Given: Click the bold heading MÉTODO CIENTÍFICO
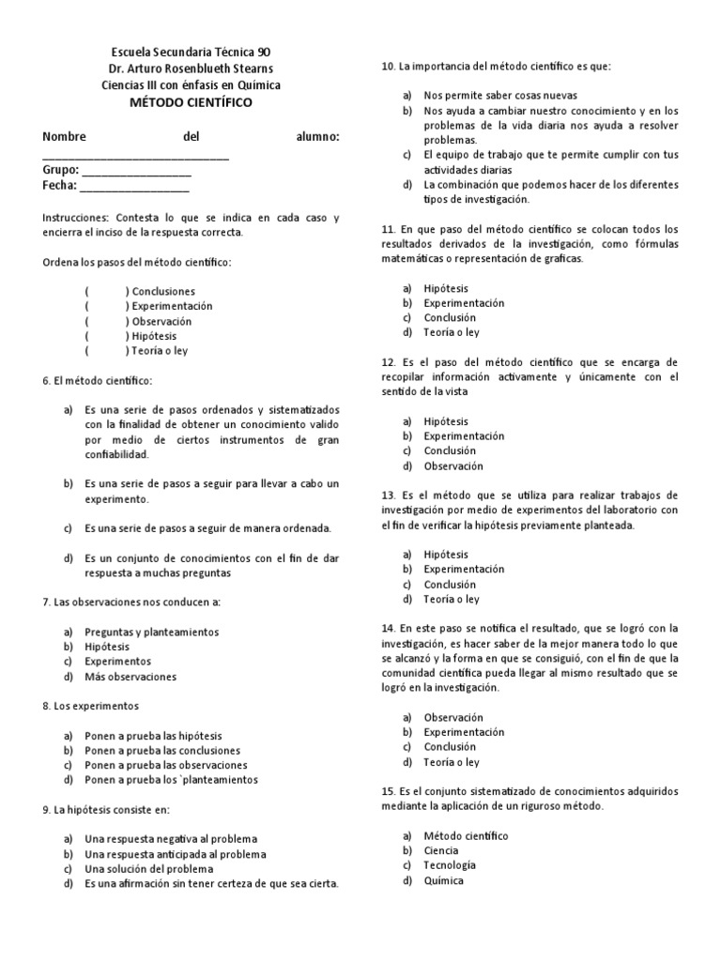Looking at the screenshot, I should [191, 101].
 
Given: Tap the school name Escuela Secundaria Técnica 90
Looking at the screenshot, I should [191, 52].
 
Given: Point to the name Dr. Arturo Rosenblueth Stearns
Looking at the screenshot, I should [191, 69].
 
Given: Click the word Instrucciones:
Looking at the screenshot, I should [76, 217].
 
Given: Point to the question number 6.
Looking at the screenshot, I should [46, 380].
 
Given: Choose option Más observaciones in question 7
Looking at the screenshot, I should [130, 677].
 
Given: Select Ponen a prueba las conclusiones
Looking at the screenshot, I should [161, 750].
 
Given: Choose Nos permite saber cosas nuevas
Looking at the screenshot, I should [499, 96].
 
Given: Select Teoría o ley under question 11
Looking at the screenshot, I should [451, 332].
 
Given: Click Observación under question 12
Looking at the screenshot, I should [453, 465].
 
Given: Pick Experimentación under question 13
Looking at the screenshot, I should [464, 569].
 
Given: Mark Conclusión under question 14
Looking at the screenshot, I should [450, 747].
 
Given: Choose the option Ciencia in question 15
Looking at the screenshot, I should [441, 850].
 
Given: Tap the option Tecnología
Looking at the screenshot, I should [450, 865].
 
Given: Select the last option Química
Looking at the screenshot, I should [443, 880].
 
